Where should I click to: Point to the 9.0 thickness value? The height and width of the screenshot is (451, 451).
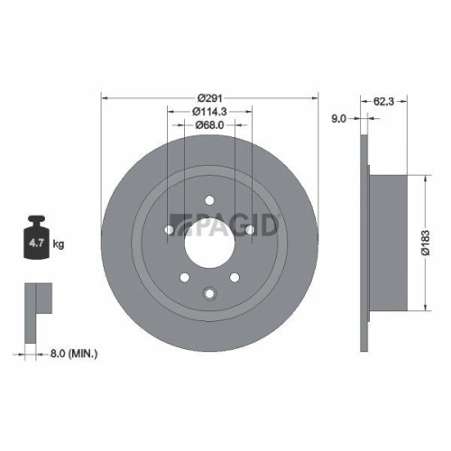[x=338, y=116]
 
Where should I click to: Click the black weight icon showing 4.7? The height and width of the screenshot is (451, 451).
[x=38, y=237]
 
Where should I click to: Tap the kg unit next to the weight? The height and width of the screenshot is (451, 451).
[x=60, y=244]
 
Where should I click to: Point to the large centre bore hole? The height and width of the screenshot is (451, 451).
[x=209, y=240]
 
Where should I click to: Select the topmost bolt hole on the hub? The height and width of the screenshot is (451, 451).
[x=209, y=200]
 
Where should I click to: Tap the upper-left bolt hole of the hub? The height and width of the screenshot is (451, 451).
[x=170, y=228]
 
